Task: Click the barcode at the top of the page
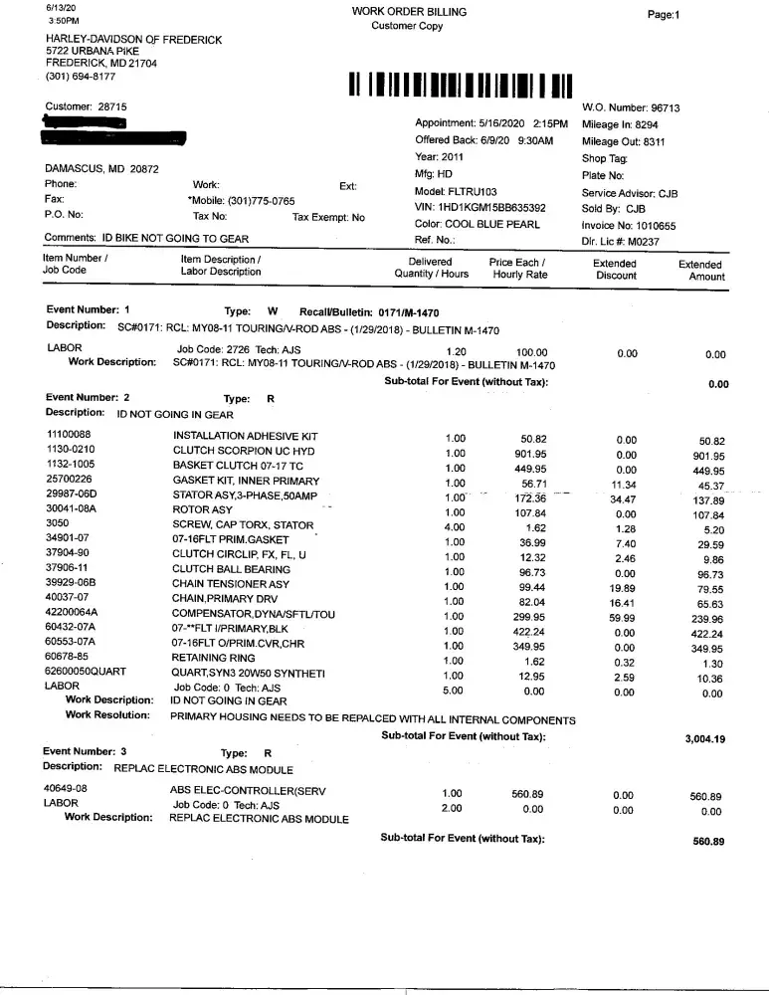point(460,85)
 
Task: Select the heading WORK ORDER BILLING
point(409,11)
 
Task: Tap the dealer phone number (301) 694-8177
point(81,76)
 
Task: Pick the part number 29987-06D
point(73,495)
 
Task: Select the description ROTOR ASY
point(203,510)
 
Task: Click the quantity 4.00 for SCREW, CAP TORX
point(455,524)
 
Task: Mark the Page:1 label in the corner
point(663,15)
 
